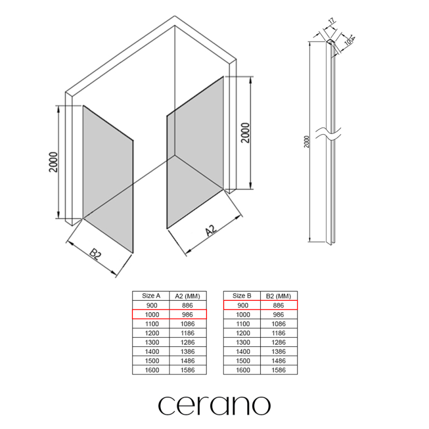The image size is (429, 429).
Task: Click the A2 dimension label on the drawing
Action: (211, 231)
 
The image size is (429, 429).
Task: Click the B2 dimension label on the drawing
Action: (95, 254)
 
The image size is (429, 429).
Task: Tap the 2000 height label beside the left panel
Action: (54, 162)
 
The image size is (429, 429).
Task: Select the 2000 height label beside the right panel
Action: (246, 132)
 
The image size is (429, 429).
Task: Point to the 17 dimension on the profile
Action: (331, 21)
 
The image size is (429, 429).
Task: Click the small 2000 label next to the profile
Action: (307, 142)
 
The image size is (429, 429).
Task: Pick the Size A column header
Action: (151, 296)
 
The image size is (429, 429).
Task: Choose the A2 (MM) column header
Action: (188, 296)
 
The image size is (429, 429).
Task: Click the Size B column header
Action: (242, 296)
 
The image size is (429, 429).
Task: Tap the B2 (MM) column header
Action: (278, 296)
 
